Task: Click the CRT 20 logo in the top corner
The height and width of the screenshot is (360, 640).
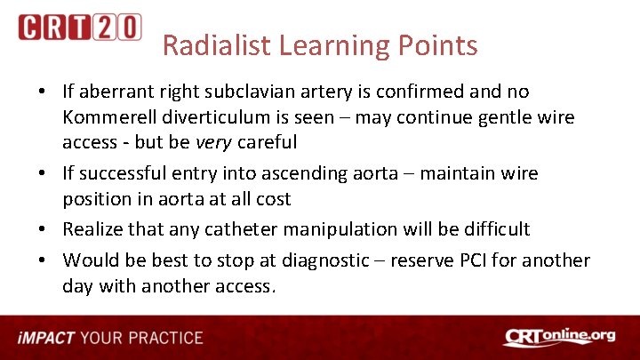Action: point(79,27)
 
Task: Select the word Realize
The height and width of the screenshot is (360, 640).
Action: point(92,229)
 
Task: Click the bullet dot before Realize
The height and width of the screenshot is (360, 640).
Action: point(44,230)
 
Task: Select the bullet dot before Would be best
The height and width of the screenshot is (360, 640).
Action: point(44,261)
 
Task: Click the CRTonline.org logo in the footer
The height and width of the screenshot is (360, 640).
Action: point(559,337)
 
